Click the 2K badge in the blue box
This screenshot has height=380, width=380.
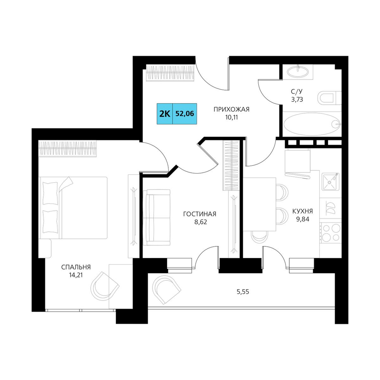click(x=165, y=114)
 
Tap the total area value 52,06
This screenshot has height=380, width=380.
click(x=185, y=114)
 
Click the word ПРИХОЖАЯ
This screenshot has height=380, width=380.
click(x=231, y=109)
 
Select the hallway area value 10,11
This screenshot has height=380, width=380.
click(x=231, y=117)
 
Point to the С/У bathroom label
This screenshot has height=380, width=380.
click(x=297, y=91)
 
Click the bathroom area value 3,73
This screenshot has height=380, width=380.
click(x=297, y=99)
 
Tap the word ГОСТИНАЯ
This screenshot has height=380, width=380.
click(x=200, y=214)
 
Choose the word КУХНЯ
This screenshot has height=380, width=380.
click(x=302, y=211)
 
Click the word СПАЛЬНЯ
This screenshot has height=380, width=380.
click(x=76, y=267)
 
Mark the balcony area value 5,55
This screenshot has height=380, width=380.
click(x=243, y=292)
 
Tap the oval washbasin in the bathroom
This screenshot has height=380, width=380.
click(x=298, y=72)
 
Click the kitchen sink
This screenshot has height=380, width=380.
click(x=331, y=182)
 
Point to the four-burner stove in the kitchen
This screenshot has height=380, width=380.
click(x=330, y=233)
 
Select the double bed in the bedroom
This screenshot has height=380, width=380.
click(x=73, y=208)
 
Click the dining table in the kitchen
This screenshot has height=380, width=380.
click(x=260, y=204)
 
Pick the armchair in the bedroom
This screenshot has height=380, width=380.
click(x=105, y=286)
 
